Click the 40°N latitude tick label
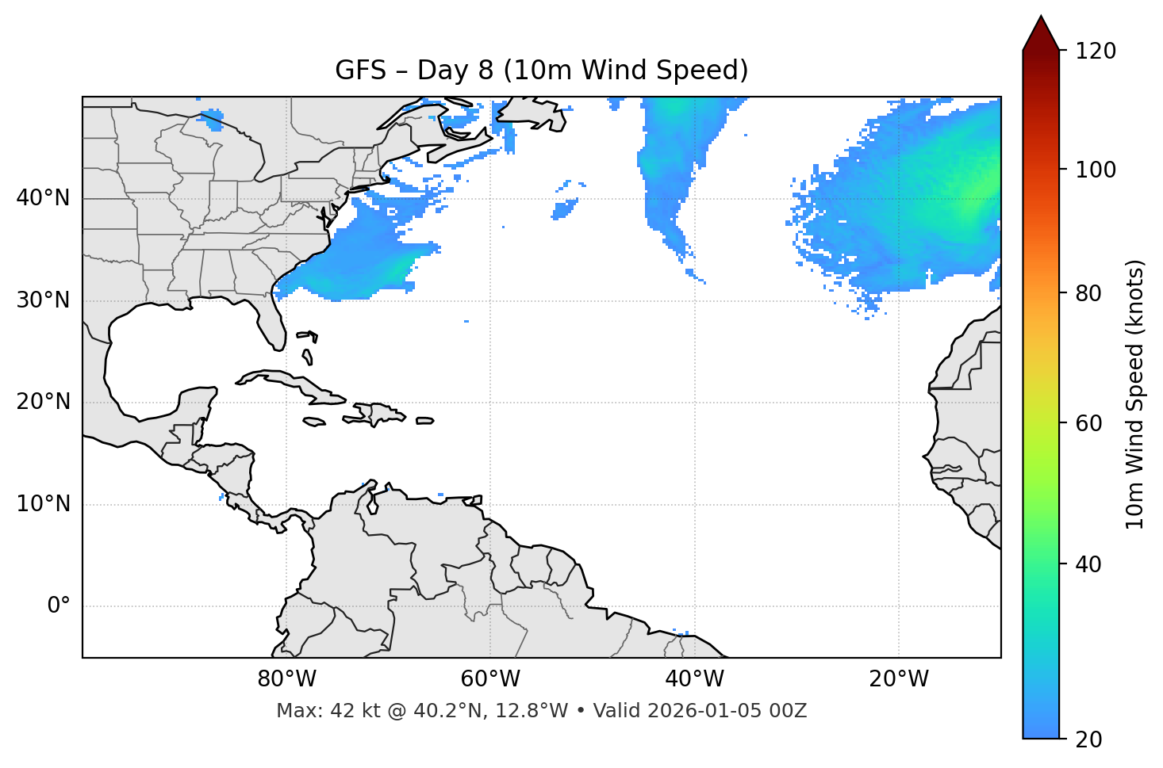[43, 198]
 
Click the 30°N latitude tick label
[43, 300]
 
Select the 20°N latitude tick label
[43, 402]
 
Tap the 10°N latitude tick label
[43, 504]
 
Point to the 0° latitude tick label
[59, 606]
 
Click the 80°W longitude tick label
[286, 679]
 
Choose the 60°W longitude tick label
[490, 679]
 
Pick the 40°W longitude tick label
[694, 679]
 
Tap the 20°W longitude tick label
[898, 679]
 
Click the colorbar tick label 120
[1095, 52]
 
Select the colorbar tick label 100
[1095, 170]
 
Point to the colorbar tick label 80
[1087, 293]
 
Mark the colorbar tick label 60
[1087, 423]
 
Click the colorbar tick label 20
[1087, 739]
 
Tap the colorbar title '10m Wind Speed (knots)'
[1135, 394]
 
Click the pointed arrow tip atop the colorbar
[1040, 19]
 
